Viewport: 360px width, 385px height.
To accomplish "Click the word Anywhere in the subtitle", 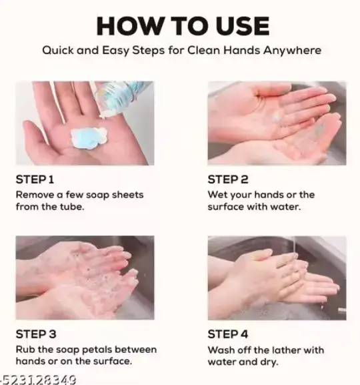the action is pos(292,51).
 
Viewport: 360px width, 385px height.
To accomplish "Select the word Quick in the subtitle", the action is pos(58,50).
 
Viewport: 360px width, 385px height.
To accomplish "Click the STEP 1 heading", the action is pos(35,179).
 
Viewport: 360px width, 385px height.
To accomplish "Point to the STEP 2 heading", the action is pos(228,179).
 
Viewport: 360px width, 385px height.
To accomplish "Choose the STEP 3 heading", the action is pos(36,334).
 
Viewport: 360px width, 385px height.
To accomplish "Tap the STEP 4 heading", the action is pos(228,334).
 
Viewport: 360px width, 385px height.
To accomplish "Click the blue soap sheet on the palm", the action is pos(89,138).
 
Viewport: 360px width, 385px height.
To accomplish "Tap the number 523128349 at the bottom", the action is pos(40,380).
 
